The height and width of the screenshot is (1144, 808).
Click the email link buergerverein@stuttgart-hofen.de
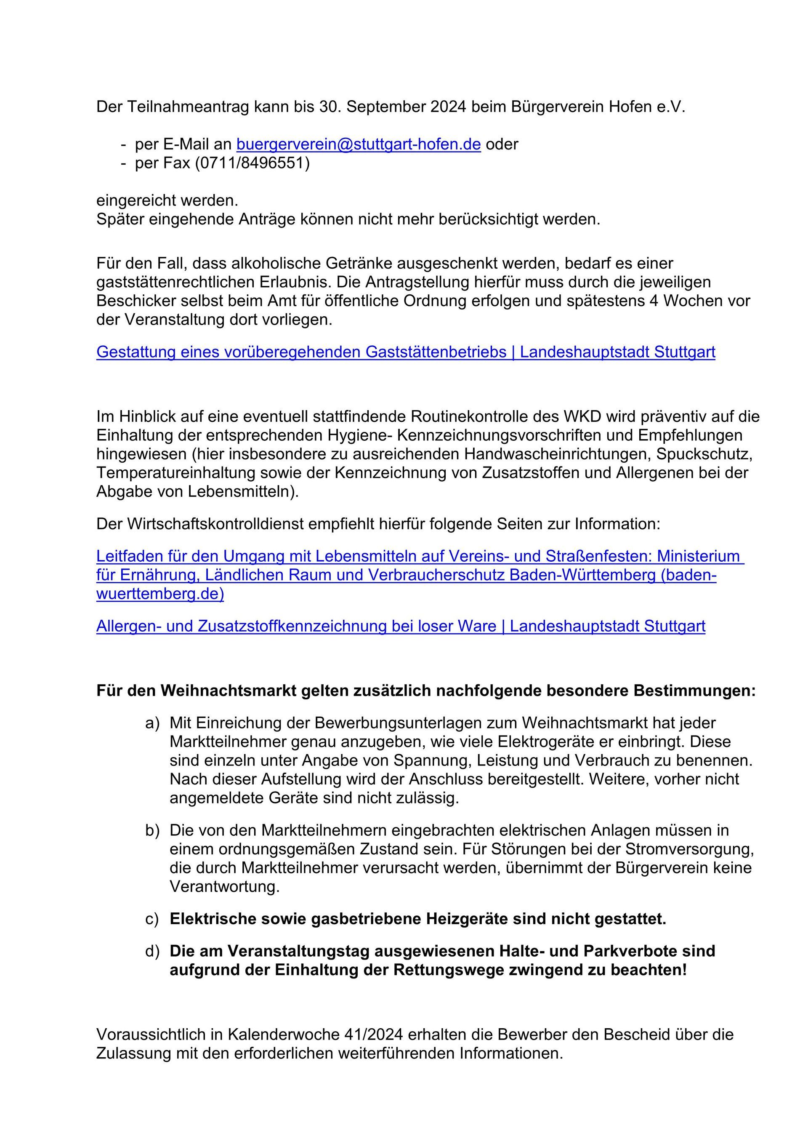pyautogui.click(x=358, y=144)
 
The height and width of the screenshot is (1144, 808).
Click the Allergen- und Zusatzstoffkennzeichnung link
pyautogui.click(x=401, y=626)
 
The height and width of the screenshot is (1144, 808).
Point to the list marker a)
pyautogui.click(x=152, y=723)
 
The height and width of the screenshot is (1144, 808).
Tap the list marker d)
pyautogui.click(x=152, y=951)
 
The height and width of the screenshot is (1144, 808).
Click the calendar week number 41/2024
pyautogui.click(x=373, y=1035)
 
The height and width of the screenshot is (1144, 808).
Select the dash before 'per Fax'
pyautogui.click(x=123, y=163)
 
